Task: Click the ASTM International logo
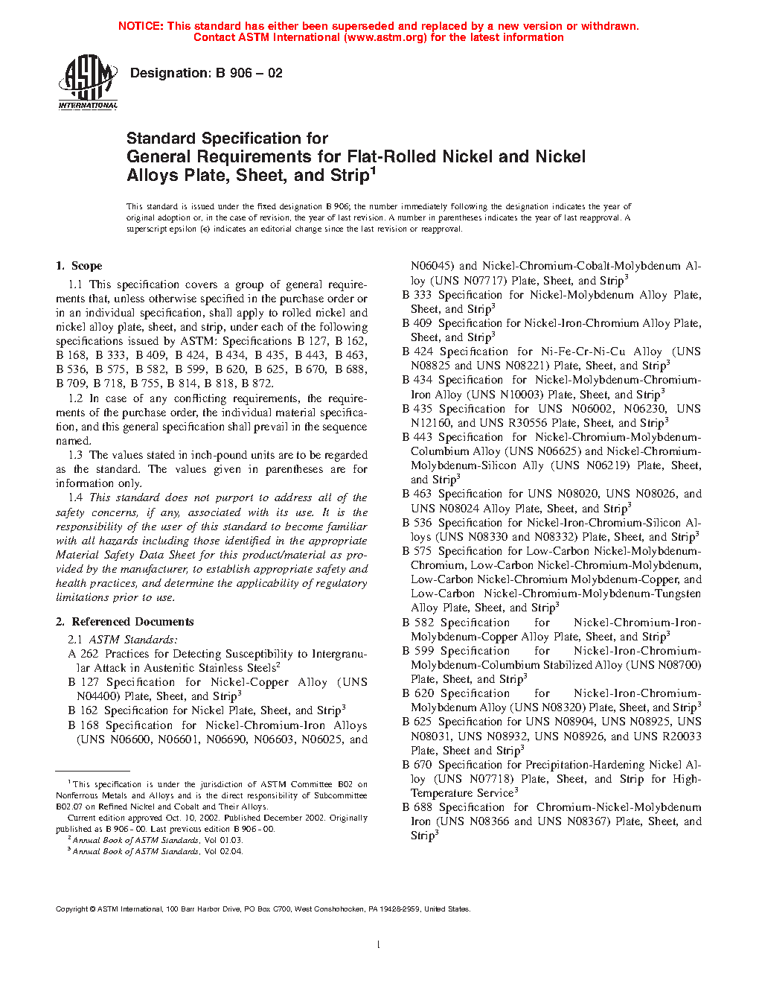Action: tap(88, 82)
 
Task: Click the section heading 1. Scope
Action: tap(79, 266)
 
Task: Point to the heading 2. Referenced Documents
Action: tap(125, 622)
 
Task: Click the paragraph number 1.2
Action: tap(75, 398)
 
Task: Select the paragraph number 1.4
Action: tap(75, 497)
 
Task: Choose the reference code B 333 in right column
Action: tap(417, 295)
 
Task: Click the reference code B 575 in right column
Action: tap(417, 551)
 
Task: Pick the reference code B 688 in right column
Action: tap(417, 807)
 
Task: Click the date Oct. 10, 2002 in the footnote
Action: tap(173, 818)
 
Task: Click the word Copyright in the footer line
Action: tap(71, 909)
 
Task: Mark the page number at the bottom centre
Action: tap(379, 946)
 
